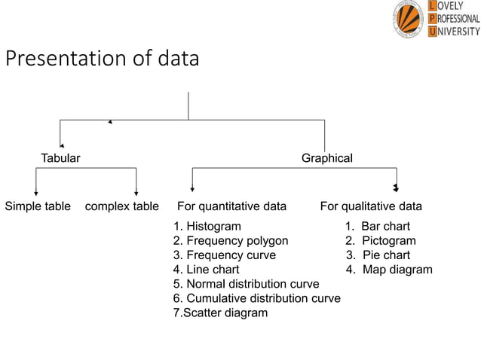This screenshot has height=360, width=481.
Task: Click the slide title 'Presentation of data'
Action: (x=103, y=59)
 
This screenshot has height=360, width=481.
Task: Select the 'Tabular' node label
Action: (x=60, y=158)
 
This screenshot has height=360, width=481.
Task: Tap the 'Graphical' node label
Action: (x=326, y=158)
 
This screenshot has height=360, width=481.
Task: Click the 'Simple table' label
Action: (x=38, y=206)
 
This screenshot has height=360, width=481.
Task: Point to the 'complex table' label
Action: (x=122, y=206)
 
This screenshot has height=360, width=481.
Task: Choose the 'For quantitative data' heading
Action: (x=231, y=206)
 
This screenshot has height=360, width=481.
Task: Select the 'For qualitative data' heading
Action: (x=371, y=206)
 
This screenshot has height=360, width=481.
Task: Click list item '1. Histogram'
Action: (x=207, y=226)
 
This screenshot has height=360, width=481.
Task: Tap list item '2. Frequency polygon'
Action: (x=231, y=241)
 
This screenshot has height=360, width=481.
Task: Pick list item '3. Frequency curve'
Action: (x=225, y=255)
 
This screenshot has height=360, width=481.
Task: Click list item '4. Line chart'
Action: (x=207, y=270)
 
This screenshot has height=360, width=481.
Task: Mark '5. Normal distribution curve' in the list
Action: (x=247, y=284)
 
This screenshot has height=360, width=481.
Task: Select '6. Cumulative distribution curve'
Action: (x=257, y=298)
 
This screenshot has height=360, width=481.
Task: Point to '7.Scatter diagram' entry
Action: (x=220, y=313)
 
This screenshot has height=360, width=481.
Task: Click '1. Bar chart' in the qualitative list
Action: (x=378, y=226)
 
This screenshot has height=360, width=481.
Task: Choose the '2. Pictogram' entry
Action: (x=381, y=241)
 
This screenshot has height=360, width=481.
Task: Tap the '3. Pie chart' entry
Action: (x=378, y=255)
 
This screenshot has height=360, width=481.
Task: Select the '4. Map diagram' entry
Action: (x=389, y=270)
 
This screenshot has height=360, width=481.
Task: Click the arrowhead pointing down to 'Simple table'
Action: (x=36, y=193)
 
